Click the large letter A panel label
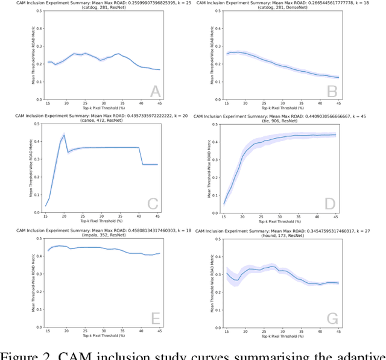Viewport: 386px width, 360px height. tap(155, 92)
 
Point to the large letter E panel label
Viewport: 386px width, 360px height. tap(155, 318)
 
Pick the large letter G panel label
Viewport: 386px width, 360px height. tap(330, 318)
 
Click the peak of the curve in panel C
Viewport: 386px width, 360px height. tap(63, 134)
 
